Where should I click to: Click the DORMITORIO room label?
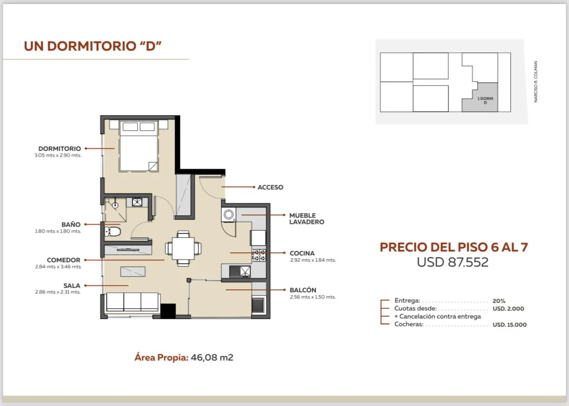pos(59,148)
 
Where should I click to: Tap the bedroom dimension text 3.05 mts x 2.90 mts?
pos(58,155)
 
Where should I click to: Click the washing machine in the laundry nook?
pos(229,214)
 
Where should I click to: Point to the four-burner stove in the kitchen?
pos(259,255)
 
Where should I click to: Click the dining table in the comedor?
pos(183,248)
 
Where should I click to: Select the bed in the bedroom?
pos(139,145)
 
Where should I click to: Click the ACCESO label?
pos(270,187)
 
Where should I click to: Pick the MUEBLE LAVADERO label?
pos(307,219)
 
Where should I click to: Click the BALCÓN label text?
pos(302,290)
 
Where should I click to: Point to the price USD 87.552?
pos(452,262)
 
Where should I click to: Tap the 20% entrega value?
pos(499,301)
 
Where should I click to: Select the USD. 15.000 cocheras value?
pos(510,325)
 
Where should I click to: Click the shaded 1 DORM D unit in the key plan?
pos(480,97)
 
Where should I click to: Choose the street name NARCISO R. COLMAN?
pos(535,82)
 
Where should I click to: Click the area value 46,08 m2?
pos(212,357)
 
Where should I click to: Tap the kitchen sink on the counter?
pos(240,271)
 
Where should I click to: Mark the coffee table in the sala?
pos(133,271)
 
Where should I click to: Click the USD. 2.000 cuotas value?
pos(508,309)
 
